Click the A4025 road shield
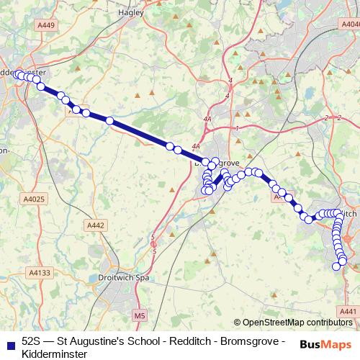tap(34, 199)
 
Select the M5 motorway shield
tap(140, 315)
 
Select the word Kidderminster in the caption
tap(55, 354)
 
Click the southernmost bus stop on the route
tap(335, 267)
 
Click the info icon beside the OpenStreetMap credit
tap(238, 323)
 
